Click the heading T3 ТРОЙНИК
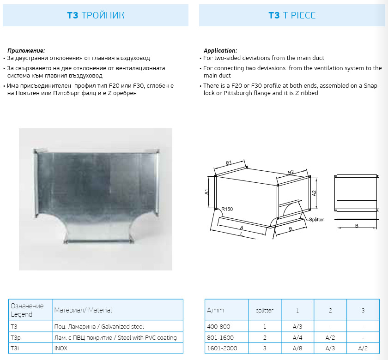96,15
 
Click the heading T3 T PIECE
292,15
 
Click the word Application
220,50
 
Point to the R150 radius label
227,209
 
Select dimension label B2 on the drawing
291,173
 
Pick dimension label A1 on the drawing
207,192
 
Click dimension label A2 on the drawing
314,194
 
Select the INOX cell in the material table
61,348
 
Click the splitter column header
265,311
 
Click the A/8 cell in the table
297,348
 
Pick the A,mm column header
215,311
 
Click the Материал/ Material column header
83,310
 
